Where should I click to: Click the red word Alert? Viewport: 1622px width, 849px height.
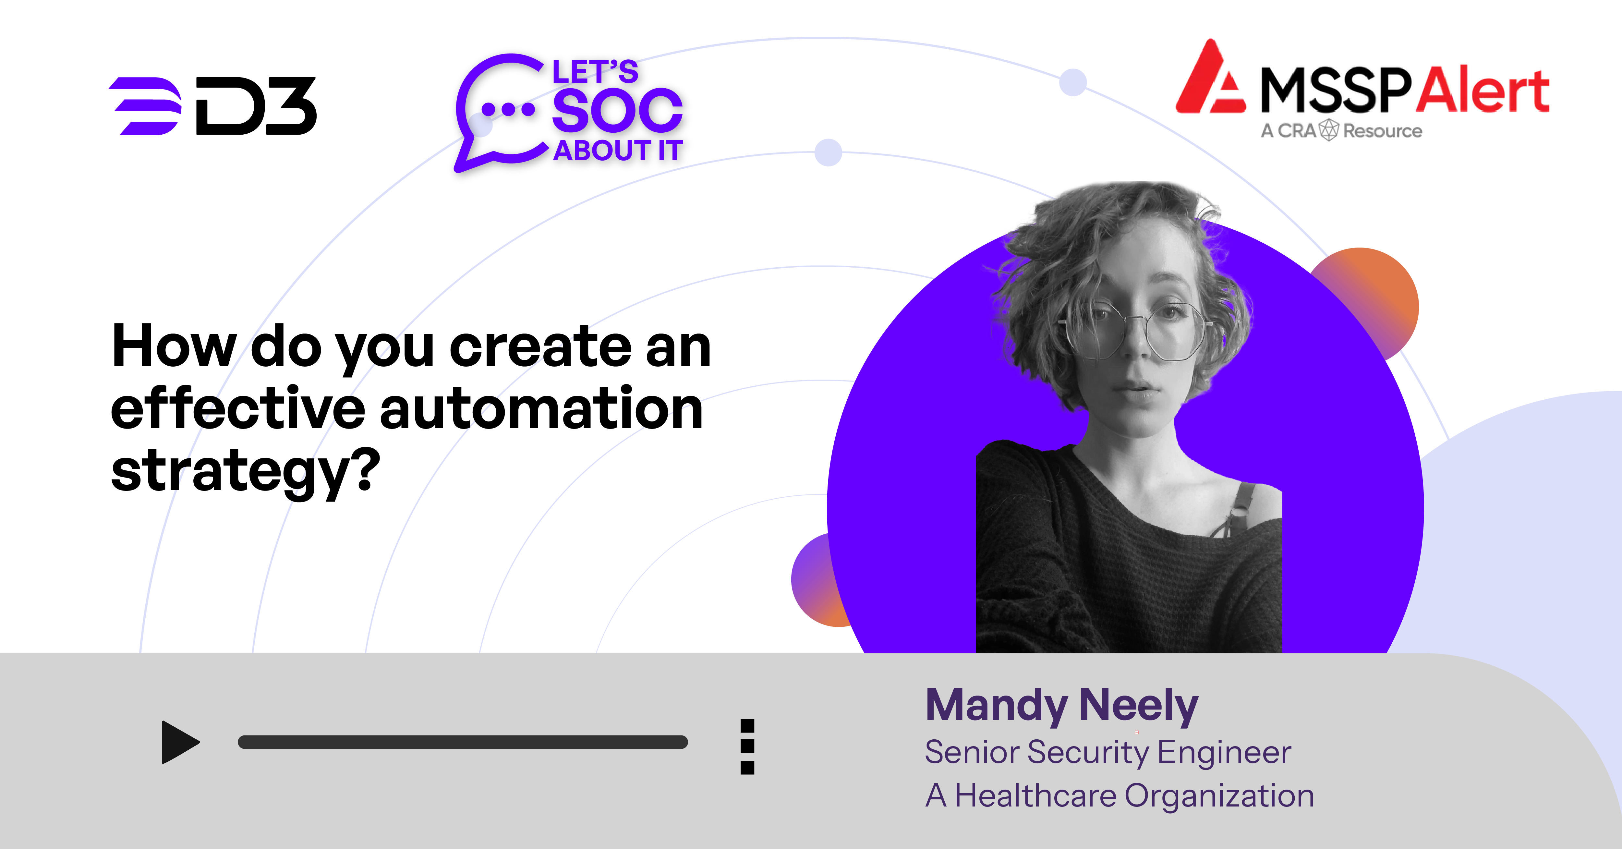1483,90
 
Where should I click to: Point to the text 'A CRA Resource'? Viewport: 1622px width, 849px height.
1341,130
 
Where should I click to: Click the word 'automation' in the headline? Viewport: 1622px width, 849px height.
541,409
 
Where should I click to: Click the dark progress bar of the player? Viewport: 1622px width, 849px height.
463,742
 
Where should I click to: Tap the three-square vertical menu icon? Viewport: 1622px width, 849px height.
747,746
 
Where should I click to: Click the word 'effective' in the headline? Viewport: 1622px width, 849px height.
238,409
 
